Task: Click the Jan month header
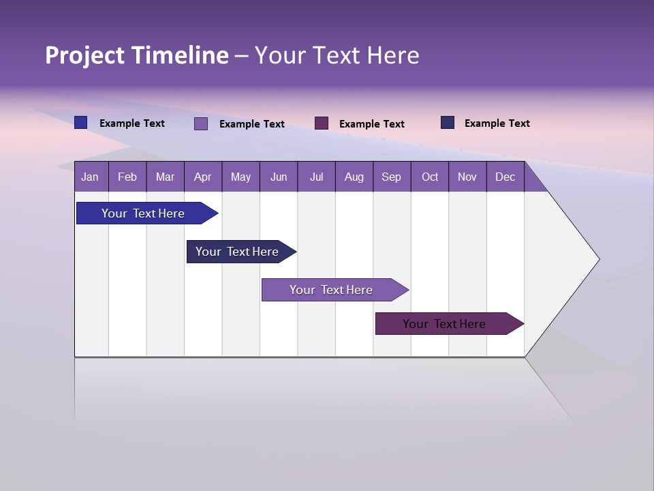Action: click(x=90, y=177)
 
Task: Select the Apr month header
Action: click(x=203, y=177)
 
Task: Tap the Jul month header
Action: click(x=316, y=177)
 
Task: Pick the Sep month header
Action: click(x=391, y=177)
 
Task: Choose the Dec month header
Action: click(x=505, y=177)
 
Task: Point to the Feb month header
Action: click(x=127, y=177)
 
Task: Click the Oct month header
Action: click(x=430, y=177)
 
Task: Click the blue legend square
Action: click(x=81, y=123)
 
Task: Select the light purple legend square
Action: click(x=201, y=123)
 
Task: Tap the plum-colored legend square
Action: click(x=322, y=123)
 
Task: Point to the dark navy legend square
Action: click(x=448, y=123)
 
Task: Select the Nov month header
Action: click(x=467, y=177)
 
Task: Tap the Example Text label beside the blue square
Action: click(x=132, y=123)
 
